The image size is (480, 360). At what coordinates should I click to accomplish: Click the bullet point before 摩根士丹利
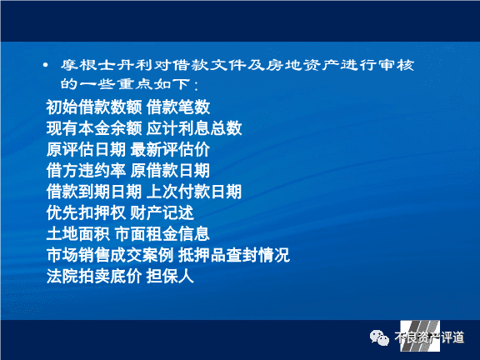(46, 65)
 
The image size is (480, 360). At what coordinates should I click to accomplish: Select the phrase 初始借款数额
(94, 107)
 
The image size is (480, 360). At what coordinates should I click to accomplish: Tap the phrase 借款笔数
(178, 107)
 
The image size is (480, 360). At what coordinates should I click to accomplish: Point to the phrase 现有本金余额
(94, 128)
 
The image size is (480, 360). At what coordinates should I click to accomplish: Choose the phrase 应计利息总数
(194, 128)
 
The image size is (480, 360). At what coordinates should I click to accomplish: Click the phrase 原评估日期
(86, 149)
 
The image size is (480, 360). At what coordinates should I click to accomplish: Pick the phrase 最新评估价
(170, 149)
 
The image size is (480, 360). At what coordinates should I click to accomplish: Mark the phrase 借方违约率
(86, 171)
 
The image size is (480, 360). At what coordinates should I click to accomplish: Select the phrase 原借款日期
(170, 171)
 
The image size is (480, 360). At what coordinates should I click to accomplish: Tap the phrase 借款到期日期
(94, 192)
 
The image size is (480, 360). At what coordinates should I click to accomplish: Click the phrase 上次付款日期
(194, 192)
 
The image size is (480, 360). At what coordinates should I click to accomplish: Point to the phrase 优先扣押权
(86, 212)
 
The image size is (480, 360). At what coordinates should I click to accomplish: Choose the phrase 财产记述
(162, 212)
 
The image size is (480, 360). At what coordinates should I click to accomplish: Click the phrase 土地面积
(78, 234)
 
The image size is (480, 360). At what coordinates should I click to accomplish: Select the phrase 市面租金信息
(162, 234)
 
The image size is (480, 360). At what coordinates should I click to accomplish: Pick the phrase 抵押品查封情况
(234, 255)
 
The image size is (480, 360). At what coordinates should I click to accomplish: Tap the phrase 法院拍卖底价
(94, 276)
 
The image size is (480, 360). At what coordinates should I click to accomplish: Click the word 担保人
(170, 276)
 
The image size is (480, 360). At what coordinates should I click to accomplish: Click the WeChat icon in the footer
(379, 338)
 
